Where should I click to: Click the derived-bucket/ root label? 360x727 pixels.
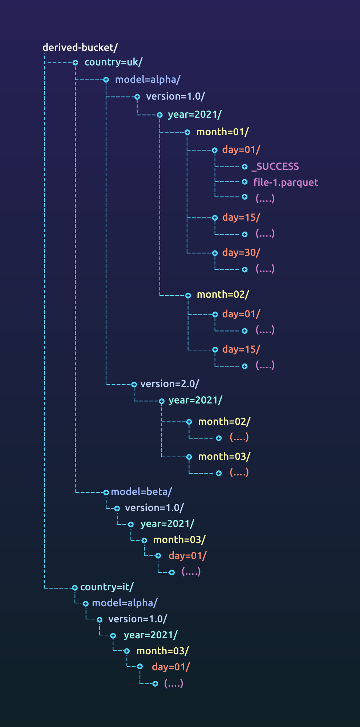click(80, 48)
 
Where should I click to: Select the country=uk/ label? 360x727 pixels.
click(113, 62)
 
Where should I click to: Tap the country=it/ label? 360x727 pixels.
click(107, 587)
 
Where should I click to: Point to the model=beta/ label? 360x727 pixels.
click(141, 492)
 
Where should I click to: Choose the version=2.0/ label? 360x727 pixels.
click(170, 384)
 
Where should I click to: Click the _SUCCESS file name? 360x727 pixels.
click(275, 166)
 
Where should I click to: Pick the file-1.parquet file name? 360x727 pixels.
click(286, 182)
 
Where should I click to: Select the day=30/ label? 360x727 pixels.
click(241, 253)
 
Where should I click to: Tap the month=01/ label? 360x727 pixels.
click(222, 132)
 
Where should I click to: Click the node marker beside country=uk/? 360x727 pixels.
click(75, 63)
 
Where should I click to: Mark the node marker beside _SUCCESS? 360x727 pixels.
click(245, 167)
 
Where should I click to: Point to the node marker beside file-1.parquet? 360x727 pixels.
click(245, 182)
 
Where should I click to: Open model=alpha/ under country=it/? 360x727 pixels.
click(125, 603)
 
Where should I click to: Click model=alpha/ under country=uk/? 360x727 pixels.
click(147, 80)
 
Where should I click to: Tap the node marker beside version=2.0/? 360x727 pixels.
click(134, 384)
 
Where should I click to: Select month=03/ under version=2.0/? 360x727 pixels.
click(224, 457)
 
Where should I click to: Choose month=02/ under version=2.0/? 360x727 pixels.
click(224, 422)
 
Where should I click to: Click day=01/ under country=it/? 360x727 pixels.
click(171, 667)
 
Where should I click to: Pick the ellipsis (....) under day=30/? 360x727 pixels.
click(265, 269)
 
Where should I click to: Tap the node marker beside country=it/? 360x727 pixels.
click(75, 587)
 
